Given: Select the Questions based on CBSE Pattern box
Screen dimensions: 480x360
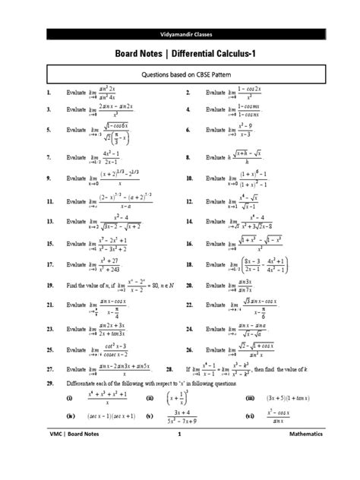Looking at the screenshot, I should tap(180, 74).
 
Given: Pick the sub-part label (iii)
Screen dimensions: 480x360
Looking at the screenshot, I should tap(248, 397).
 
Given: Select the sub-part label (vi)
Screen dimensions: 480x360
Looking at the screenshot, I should tap(248, 416).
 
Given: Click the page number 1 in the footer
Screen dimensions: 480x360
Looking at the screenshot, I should tap(180, 456).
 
